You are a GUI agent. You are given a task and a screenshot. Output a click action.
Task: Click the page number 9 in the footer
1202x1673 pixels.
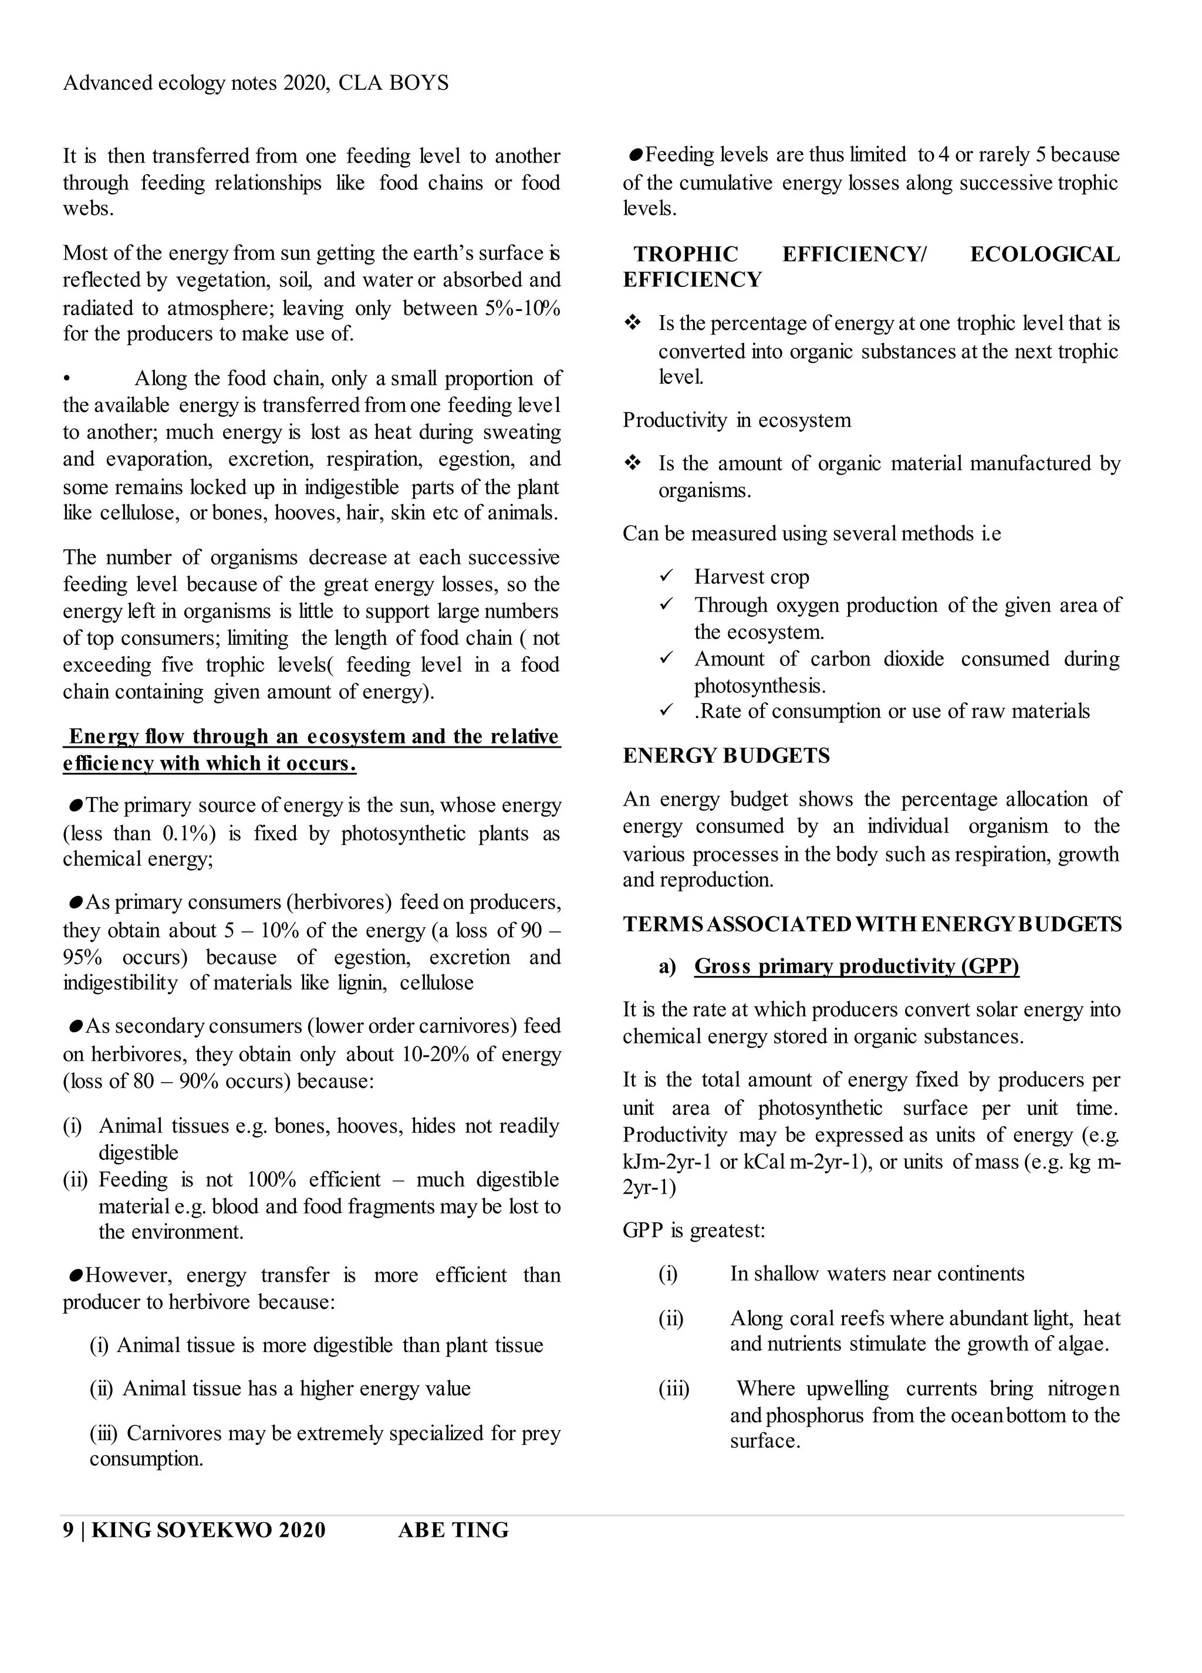coord(68,1530)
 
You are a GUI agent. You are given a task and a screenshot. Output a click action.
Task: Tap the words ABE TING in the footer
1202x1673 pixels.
coord(453,1530)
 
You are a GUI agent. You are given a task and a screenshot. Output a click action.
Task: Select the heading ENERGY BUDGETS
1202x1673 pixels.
coord(726,755)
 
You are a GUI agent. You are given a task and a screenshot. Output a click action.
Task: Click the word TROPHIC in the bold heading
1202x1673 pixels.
coord(686,255)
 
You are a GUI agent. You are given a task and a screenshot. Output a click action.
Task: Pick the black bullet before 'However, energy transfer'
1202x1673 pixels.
coord(75,1275)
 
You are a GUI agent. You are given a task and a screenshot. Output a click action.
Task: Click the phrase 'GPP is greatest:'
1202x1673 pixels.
coord(694,1231)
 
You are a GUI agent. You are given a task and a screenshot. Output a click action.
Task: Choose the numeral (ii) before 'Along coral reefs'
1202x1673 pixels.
coord(671,1317)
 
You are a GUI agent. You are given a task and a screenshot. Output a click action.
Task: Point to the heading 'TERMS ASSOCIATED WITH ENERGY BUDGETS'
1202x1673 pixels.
coord(872,924)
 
